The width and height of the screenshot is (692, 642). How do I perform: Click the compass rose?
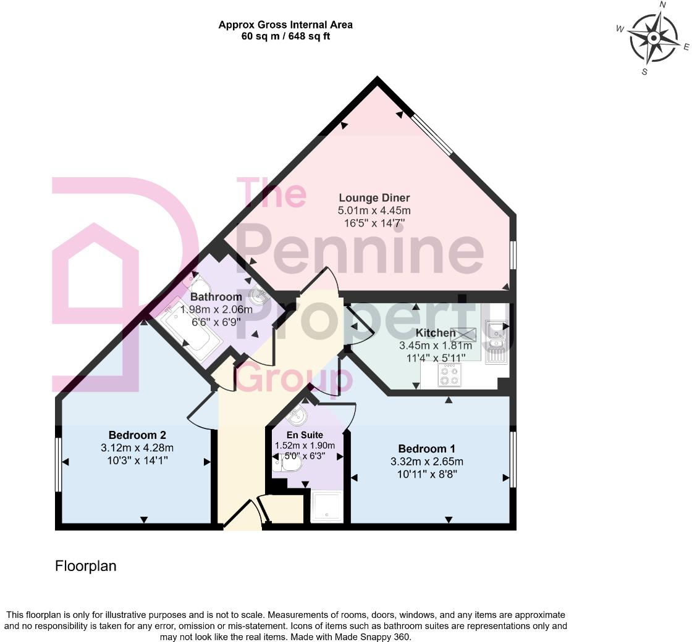(654, 38)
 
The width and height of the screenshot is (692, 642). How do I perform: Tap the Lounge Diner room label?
(374, 198)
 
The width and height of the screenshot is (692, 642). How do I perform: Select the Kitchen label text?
(436, 333)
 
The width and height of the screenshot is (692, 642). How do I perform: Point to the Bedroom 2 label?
(137, 435)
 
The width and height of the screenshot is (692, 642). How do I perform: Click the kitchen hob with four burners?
(449, 375)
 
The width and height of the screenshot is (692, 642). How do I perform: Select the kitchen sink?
(496, 341)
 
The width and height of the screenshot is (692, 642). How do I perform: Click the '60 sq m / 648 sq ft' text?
(285, 36)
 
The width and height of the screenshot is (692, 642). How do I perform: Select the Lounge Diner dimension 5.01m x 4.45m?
(374, 211)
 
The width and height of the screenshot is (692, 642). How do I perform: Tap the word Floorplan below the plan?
(86, 565)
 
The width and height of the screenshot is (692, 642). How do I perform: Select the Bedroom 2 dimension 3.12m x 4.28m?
(137, 448)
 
